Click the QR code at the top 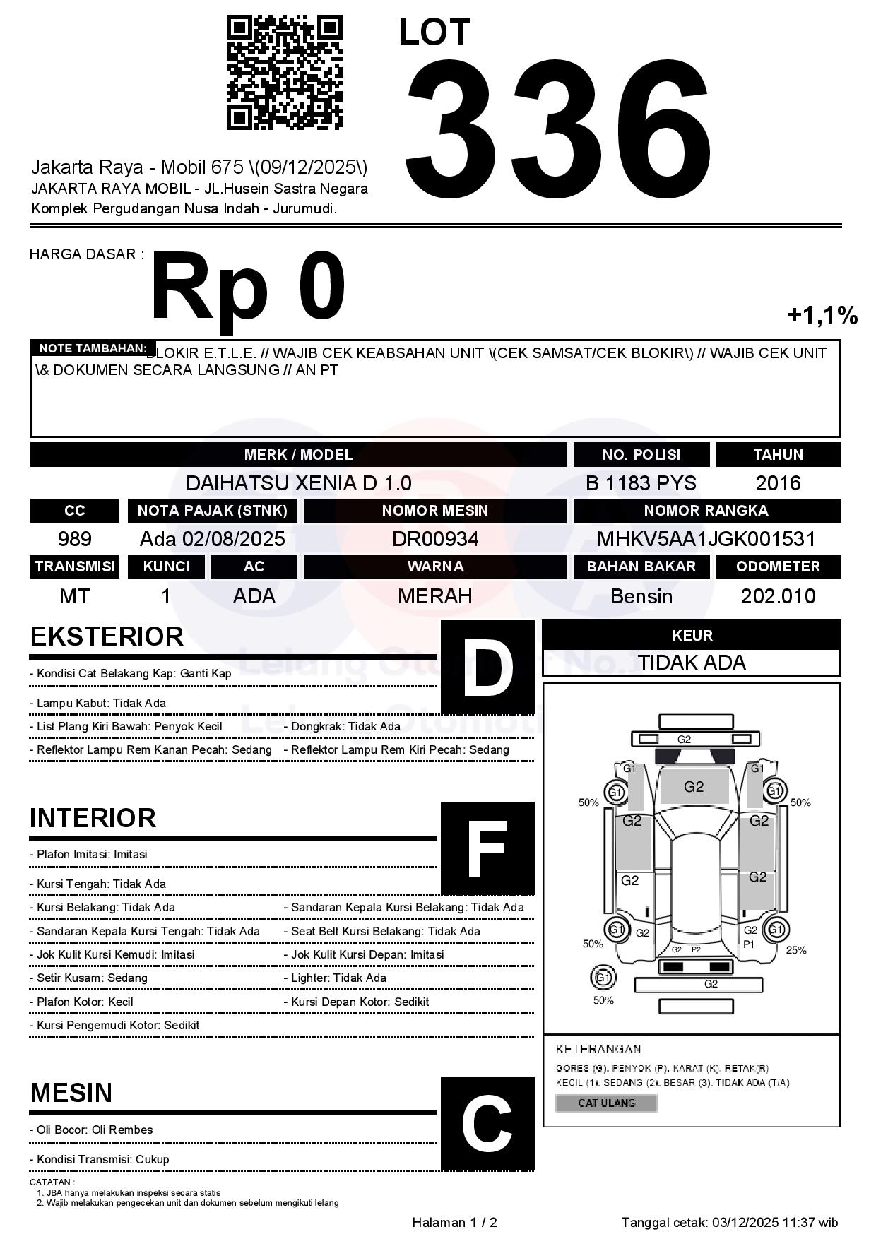coord(284,73)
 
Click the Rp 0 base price coord(248,288)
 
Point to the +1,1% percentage coord(822,315)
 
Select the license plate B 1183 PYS coord(641,483)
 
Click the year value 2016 coord(778,483)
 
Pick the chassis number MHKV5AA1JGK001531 coord(706,539)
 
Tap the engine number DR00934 coord(435,539)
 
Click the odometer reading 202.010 coord(778,596)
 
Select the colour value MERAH coord(435,596)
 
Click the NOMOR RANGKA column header coord(706,510)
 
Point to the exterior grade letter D coord(487,667)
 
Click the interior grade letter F coord(487,848)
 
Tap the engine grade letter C coord(487,1123)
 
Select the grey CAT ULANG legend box coord(606,1103)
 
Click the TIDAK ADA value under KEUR coord(692,663)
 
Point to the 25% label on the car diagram coord(796,950)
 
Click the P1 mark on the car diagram coord(749,944)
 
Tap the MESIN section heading coord(71,1093)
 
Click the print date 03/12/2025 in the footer coord(745,1222)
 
